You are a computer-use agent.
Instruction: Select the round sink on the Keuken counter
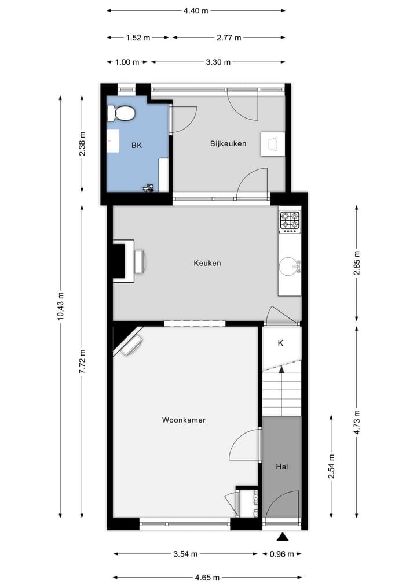(289, 267)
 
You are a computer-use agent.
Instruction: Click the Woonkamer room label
(184, 420)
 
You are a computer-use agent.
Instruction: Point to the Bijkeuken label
(228, 143)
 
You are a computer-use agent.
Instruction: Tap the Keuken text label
(207, 263)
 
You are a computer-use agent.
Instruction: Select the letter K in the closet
(280, 343)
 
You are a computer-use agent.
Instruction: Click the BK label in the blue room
(136, 145)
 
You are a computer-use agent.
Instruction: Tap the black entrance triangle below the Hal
(282, 537)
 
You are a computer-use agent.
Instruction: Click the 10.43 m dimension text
(60, 309)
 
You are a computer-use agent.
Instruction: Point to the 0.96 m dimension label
(281, 554)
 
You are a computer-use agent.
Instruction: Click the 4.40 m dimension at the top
(196, 10)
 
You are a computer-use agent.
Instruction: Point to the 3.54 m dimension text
(185, 554)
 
